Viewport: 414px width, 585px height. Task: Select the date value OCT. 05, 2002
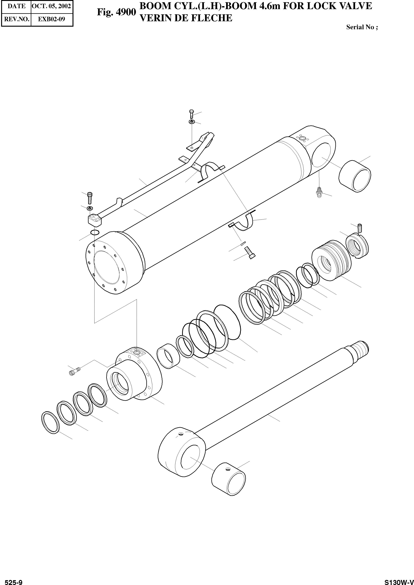(51, 6)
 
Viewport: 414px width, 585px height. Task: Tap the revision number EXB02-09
(51, 19)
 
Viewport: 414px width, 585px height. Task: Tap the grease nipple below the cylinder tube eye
(319, 192)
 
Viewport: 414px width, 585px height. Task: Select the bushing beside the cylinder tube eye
(355, 176)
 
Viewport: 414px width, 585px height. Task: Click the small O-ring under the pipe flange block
(95, 232)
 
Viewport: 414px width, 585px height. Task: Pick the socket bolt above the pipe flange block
(89, 198)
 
